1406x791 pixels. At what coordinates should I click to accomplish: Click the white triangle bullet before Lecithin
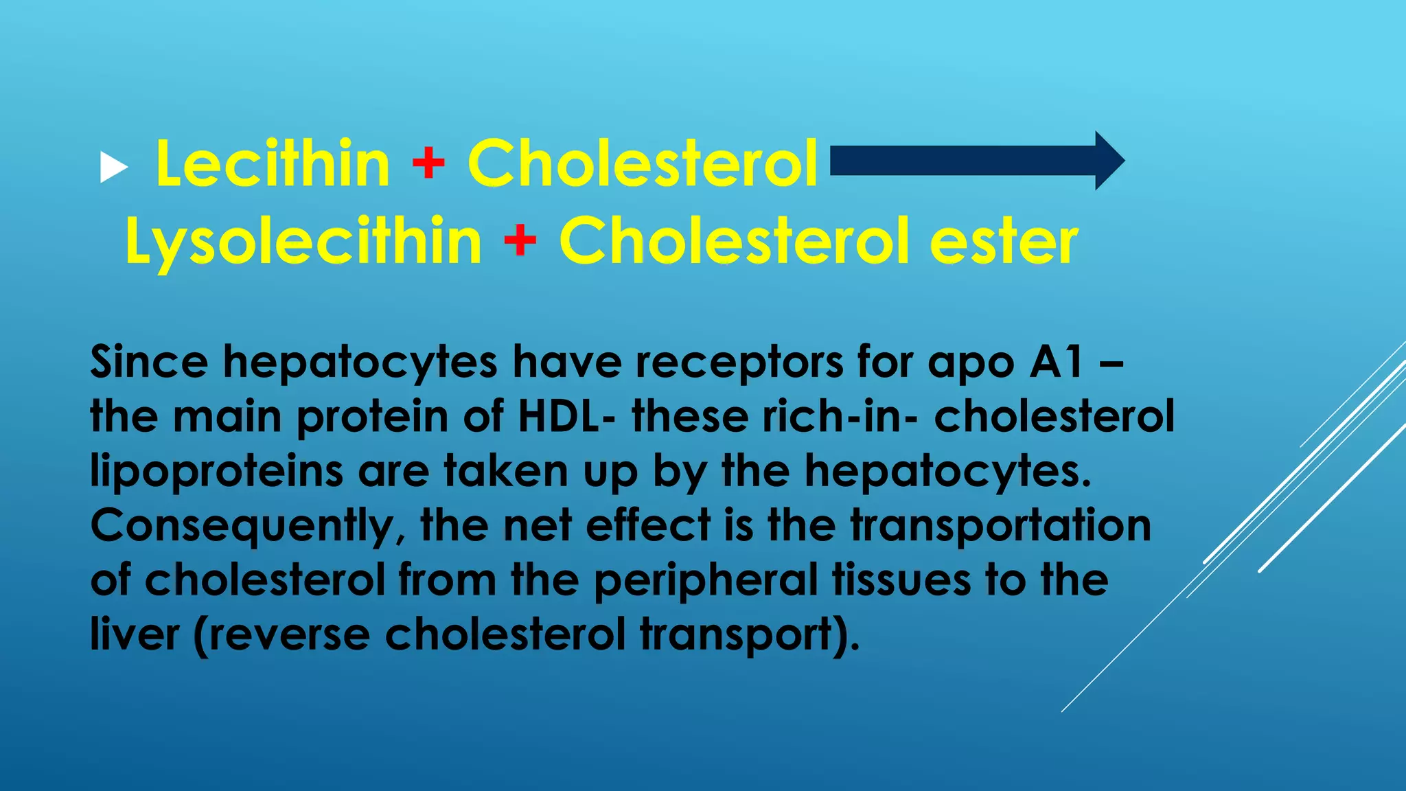(x=114, y=168)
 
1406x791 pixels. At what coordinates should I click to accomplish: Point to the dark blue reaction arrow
(x=975, y=161)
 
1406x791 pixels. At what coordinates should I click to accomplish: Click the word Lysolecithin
(x=303, y=242)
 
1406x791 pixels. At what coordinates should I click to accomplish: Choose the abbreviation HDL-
(x=566, y=416)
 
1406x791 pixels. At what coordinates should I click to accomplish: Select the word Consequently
(x=247, y=526)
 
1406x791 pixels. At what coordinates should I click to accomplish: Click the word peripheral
(x=706, y=581)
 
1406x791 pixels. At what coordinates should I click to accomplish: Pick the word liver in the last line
(x=135, y=634)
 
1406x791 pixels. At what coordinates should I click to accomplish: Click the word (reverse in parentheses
(x=282, y=634)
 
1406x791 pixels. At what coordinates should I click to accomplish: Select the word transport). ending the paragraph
(x=750, y=634)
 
